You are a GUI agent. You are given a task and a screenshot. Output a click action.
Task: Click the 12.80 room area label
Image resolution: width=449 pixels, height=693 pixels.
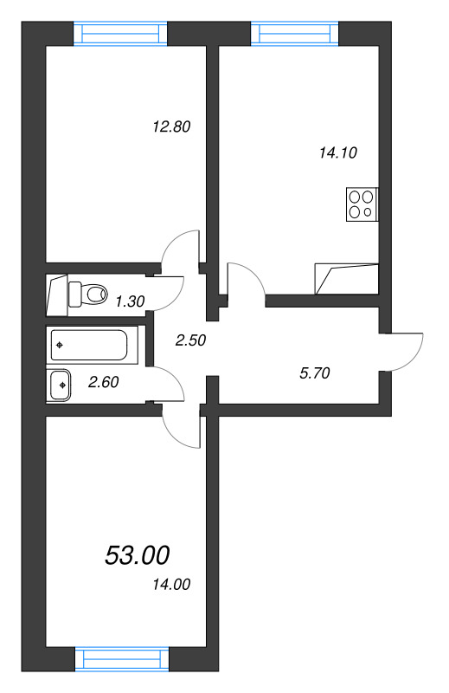(x=170, y=126)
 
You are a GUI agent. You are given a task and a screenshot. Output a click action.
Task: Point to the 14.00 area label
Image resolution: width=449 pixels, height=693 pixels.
(x=170, y=585)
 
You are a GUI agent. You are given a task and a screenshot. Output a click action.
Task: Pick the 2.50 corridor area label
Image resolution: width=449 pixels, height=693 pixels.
(x=189, y=340)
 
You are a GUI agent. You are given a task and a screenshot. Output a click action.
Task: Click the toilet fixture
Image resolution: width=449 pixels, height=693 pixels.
(x=86, y=294)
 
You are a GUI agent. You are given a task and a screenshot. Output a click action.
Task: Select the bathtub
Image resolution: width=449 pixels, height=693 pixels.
(x=88, y=346)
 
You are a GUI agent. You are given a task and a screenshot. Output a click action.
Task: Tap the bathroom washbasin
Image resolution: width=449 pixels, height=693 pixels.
(x=61, y=384)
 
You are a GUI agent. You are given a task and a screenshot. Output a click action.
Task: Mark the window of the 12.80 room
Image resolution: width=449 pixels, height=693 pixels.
(x=120, y=33)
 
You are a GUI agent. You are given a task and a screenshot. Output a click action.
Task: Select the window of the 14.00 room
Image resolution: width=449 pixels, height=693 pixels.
(x=120, y=658)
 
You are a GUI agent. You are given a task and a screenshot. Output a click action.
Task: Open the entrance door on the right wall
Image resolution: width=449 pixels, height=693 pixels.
(x=404, y=351)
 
